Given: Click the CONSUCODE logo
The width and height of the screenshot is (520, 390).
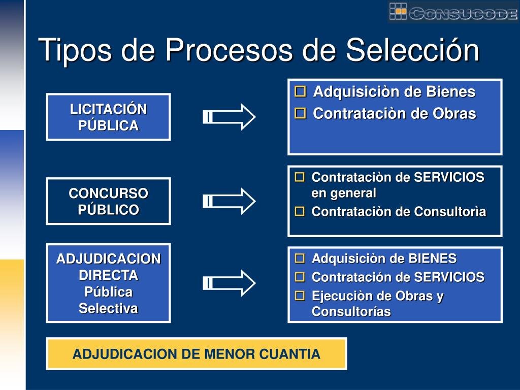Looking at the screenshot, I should [x=453, y=12].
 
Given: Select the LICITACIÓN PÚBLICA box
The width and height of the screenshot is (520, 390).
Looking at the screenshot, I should [x=108, y=117].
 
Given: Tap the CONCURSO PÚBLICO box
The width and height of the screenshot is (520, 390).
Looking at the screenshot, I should [x=108, y=201].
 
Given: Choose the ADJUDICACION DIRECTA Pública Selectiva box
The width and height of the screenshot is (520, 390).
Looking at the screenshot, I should [x=108, y=283].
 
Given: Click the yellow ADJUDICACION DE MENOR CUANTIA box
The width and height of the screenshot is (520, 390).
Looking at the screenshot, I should [x=197, y=354].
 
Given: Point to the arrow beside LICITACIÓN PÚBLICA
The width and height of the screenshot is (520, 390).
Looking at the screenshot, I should [x=229, y=117].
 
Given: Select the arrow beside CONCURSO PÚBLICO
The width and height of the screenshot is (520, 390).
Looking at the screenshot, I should [x=229, y=201].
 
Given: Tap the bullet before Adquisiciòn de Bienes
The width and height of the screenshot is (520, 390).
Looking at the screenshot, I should [x=301, y=92].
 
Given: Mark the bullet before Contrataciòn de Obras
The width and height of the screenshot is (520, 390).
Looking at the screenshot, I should [x=301, y=114].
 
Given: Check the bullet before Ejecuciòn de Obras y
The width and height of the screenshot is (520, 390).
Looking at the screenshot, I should [x=300, y=296].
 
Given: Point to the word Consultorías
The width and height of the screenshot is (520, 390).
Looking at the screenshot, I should [x=351, y=312].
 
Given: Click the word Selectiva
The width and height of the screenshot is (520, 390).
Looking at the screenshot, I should [x=108, y=308].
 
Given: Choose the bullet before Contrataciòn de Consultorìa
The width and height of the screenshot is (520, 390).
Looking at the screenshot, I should [x=300, y=211].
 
